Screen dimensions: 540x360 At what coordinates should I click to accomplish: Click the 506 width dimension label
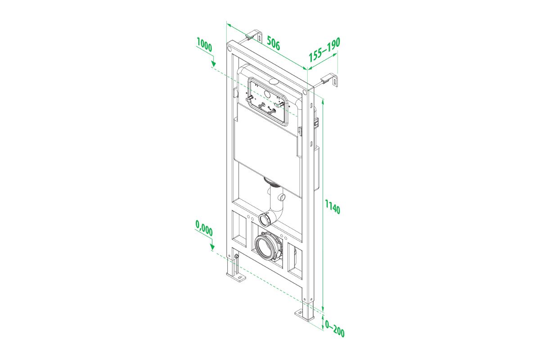coord(274,43)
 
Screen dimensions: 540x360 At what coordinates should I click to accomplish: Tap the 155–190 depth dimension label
coord(324,49)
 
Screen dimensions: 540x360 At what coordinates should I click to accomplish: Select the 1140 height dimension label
coord(333,207)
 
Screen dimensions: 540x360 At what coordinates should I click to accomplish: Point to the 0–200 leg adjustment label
coord(335,328)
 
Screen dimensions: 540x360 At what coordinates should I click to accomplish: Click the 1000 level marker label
coord(204,45)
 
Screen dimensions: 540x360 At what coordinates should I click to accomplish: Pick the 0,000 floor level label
coord(204,228)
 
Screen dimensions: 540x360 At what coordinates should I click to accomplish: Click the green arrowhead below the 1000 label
coord(213,63)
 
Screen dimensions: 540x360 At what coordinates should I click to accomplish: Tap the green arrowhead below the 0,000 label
coord(212,247)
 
